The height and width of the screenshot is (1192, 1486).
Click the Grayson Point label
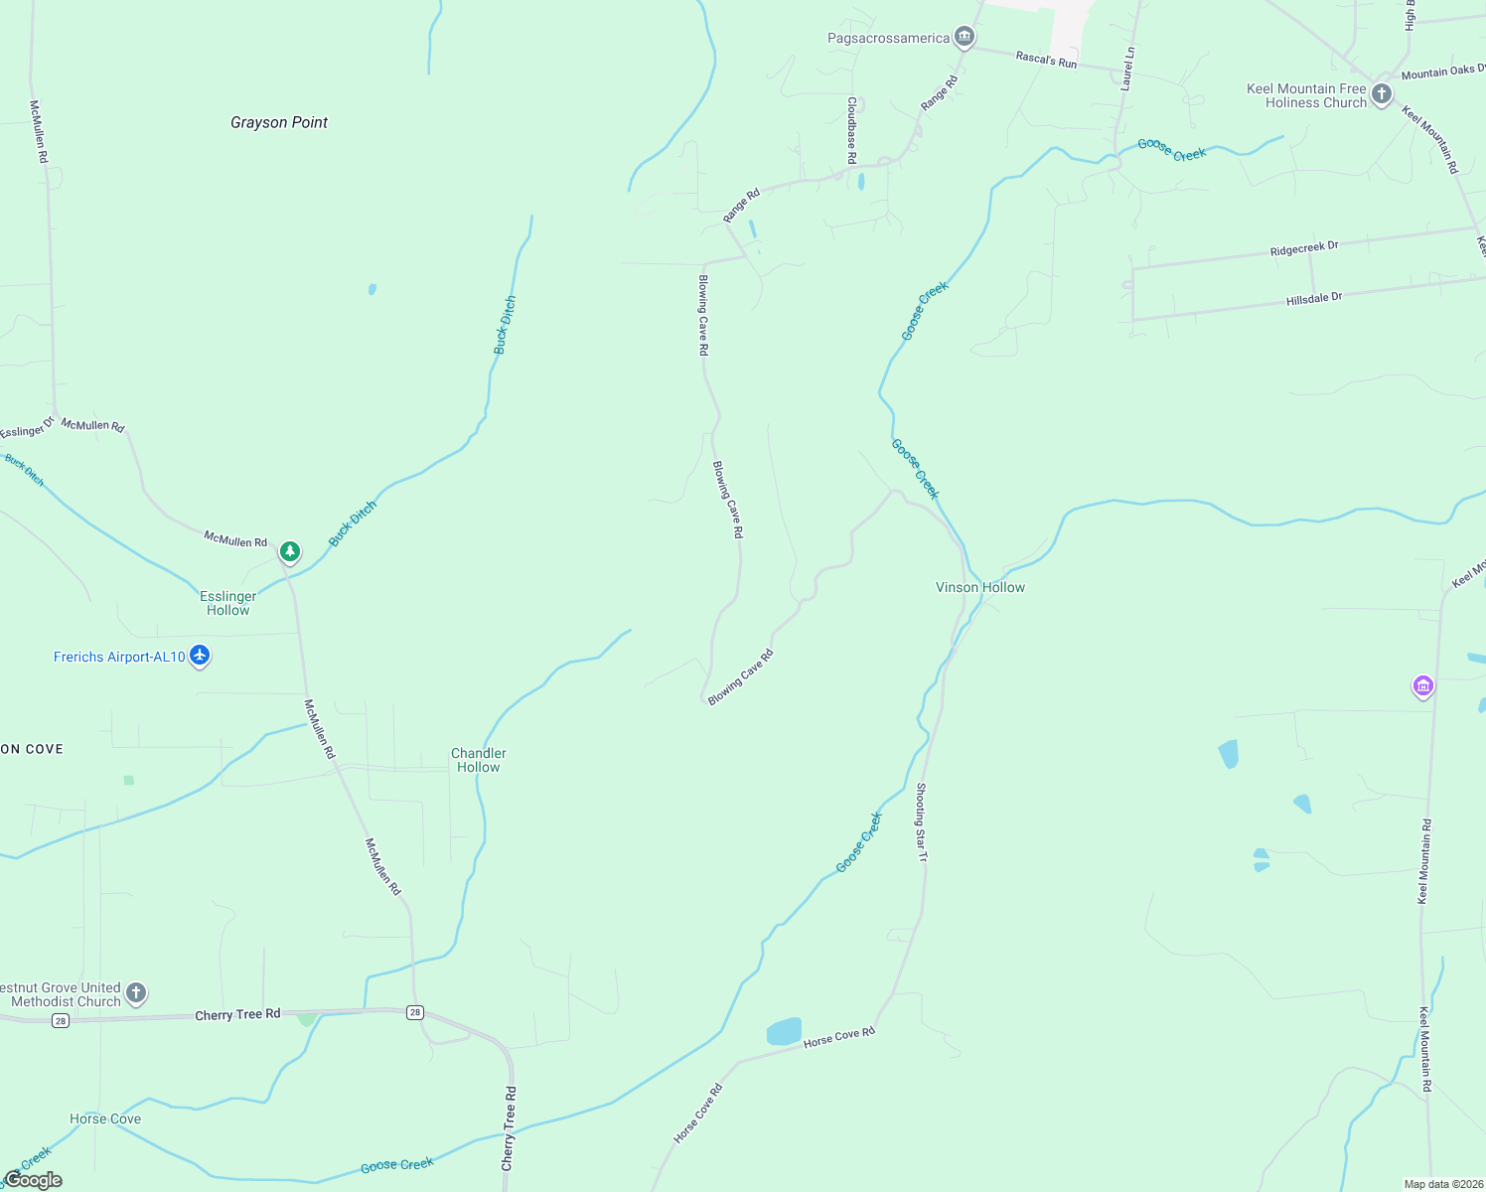(x=279, y=122)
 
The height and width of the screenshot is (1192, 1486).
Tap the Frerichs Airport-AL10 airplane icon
(x=200, y=656)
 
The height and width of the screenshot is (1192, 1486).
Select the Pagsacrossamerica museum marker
(x=964, y=38)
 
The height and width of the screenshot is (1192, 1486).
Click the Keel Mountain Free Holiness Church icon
(x=1381, y=94)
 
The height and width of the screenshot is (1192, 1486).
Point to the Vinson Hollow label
(x=980, y=587)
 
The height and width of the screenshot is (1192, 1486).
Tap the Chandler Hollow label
(x=479, y=760)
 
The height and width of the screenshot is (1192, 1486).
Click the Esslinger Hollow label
(x=228, y=603)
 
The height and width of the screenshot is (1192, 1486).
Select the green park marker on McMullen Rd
(x=289, y=550)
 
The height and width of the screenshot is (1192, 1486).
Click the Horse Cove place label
(x=105, y=1118)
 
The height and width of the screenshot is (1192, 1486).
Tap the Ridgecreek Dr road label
(x=1304, y=249)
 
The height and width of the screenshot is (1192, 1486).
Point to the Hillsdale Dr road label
(x=1314, y=298)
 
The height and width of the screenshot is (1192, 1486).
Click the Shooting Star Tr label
(x=922, y=821)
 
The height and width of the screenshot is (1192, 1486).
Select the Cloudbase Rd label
(x=851, y=130)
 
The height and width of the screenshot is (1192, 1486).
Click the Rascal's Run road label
(x=1046, y=61)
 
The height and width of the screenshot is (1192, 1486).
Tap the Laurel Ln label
(x=1127, y=69)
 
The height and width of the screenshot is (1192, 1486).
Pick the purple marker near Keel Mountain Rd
(x=1422, y=685)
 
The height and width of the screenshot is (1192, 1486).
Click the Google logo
(x=34, y=1180)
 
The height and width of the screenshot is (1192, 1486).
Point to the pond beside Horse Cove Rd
(x=784, y=1031)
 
